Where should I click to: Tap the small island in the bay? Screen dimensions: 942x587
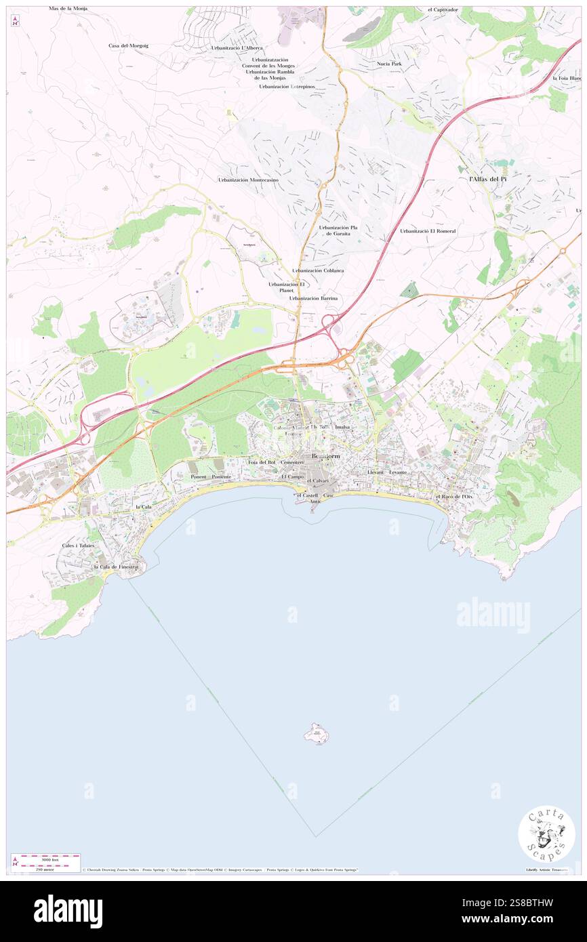pos(316,733)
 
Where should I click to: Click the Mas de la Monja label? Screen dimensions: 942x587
pos(68,9)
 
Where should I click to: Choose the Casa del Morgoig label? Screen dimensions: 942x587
pos(128,45)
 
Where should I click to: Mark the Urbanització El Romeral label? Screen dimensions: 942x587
pos(428,231)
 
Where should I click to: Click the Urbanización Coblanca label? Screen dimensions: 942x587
pos(318,270)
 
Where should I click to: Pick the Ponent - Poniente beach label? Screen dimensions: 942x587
pos(211,477)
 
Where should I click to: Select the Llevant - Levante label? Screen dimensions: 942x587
pos(386,472)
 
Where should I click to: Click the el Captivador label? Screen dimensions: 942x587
pos(443,10)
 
